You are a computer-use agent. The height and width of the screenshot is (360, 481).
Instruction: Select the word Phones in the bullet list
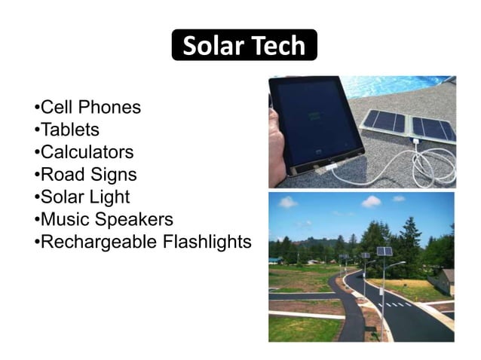[x=112, y=107]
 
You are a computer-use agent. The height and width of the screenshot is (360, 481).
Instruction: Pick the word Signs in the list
[x=113, y=175]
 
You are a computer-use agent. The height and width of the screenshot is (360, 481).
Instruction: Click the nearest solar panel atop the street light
[x=384, y=252]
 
